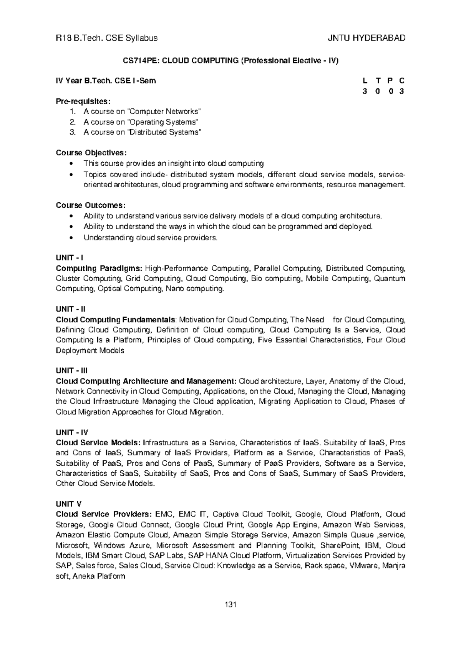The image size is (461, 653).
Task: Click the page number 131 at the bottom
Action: (x=230, y=605)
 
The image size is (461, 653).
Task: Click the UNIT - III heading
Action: (x=72, y=371)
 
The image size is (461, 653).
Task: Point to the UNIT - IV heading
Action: (x=72, y=432)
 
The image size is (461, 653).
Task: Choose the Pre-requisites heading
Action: (x=83, y=102)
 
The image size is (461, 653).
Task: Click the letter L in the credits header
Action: (x=364, y=81)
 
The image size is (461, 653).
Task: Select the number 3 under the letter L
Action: (x=364, y=92)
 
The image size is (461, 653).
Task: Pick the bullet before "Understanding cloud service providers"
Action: (x=72, y=238)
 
